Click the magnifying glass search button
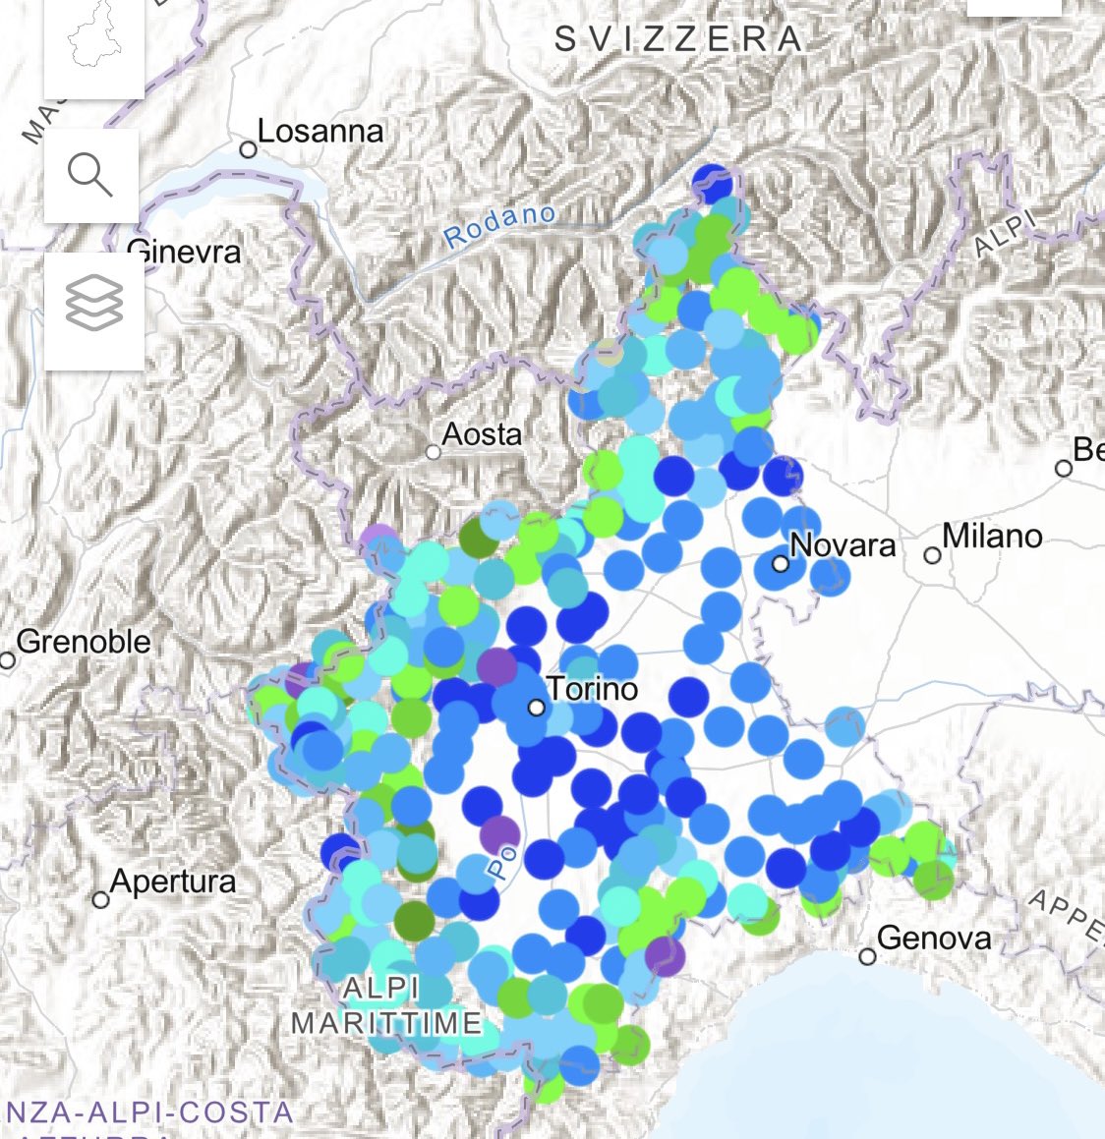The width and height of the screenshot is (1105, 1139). click(x=90, y=176)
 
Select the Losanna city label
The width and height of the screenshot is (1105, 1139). click(x=320, y=132)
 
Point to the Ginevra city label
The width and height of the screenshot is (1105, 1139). click(x=185, y=252)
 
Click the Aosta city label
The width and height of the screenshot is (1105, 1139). click(x=482, y=433)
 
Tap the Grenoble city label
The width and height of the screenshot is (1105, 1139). click(x=84, y=643)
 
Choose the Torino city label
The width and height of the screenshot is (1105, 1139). click(x=592, y=689)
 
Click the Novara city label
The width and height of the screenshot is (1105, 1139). click(x=843, y=545)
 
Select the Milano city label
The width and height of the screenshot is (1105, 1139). click(x=992, y=537)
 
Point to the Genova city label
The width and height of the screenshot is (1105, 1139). click(x=933, y=939)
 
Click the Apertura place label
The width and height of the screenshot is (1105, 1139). click(x=173, y=882)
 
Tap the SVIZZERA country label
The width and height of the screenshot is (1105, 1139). click(x=678, y=39)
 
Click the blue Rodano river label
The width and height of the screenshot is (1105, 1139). click(x=499, y=227)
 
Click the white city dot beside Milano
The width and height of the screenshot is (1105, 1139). click(x=932, y=556)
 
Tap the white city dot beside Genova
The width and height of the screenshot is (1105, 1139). click(x=867, y=956)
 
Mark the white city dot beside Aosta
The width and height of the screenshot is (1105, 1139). click(x=434, y=452)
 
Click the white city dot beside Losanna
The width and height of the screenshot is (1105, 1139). click(x=249, y=149)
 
